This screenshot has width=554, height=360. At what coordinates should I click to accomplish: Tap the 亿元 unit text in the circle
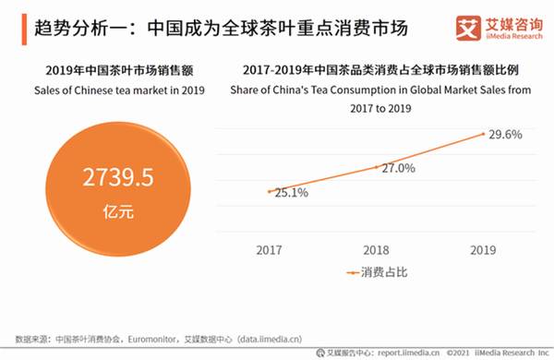[x=119, y=212]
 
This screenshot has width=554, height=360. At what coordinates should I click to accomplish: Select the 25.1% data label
[x=291, y=193]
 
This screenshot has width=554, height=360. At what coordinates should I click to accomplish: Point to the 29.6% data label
[x=507, y=135]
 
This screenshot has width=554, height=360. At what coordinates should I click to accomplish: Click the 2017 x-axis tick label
[x=270, y=249]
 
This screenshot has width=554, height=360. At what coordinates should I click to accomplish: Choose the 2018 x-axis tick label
[x=377, y=249]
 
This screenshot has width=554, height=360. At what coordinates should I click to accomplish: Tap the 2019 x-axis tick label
[x=484, y=249]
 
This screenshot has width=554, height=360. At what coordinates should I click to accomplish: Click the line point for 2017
[x=270, y=191]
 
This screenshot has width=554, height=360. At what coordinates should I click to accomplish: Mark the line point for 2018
[x=377, y=167]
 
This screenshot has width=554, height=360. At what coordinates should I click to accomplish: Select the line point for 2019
[x=484, y=134]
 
